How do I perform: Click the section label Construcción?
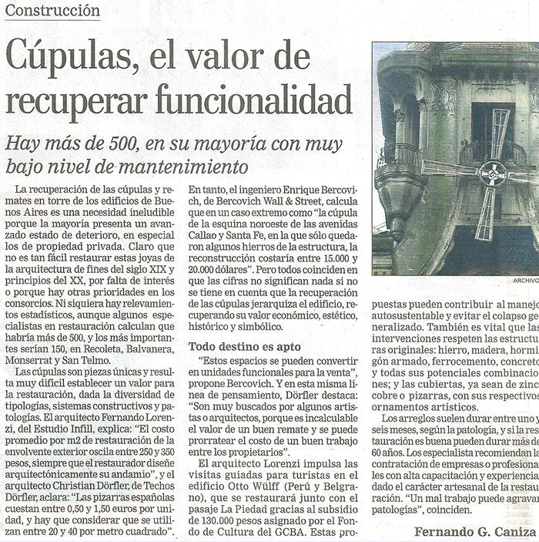[52, 11]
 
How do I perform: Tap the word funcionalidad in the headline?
[254, 99]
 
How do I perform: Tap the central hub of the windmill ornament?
[492, 173]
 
